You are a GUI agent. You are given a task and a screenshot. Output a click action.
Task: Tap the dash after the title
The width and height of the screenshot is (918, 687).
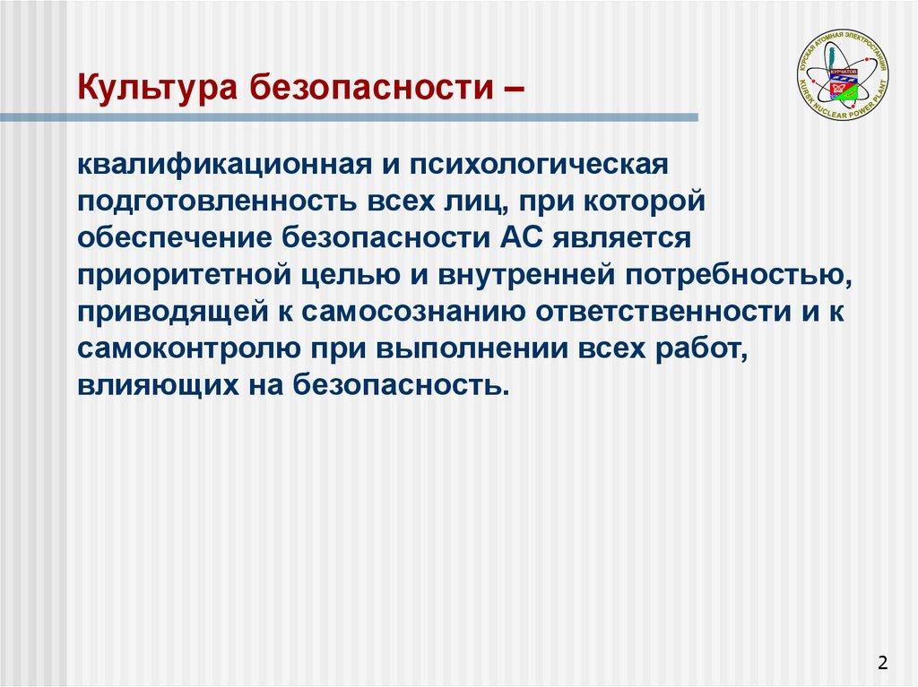pyautogui.click(x=515, y=90)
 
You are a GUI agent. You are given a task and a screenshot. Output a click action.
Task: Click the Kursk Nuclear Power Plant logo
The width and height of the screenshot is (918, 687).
pyautogui.click(x=843, y=73)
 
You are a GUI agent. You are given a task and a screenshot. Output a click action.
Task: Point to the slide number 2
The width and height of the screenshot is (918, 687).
pyautogui.click(x=882, y=663)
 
